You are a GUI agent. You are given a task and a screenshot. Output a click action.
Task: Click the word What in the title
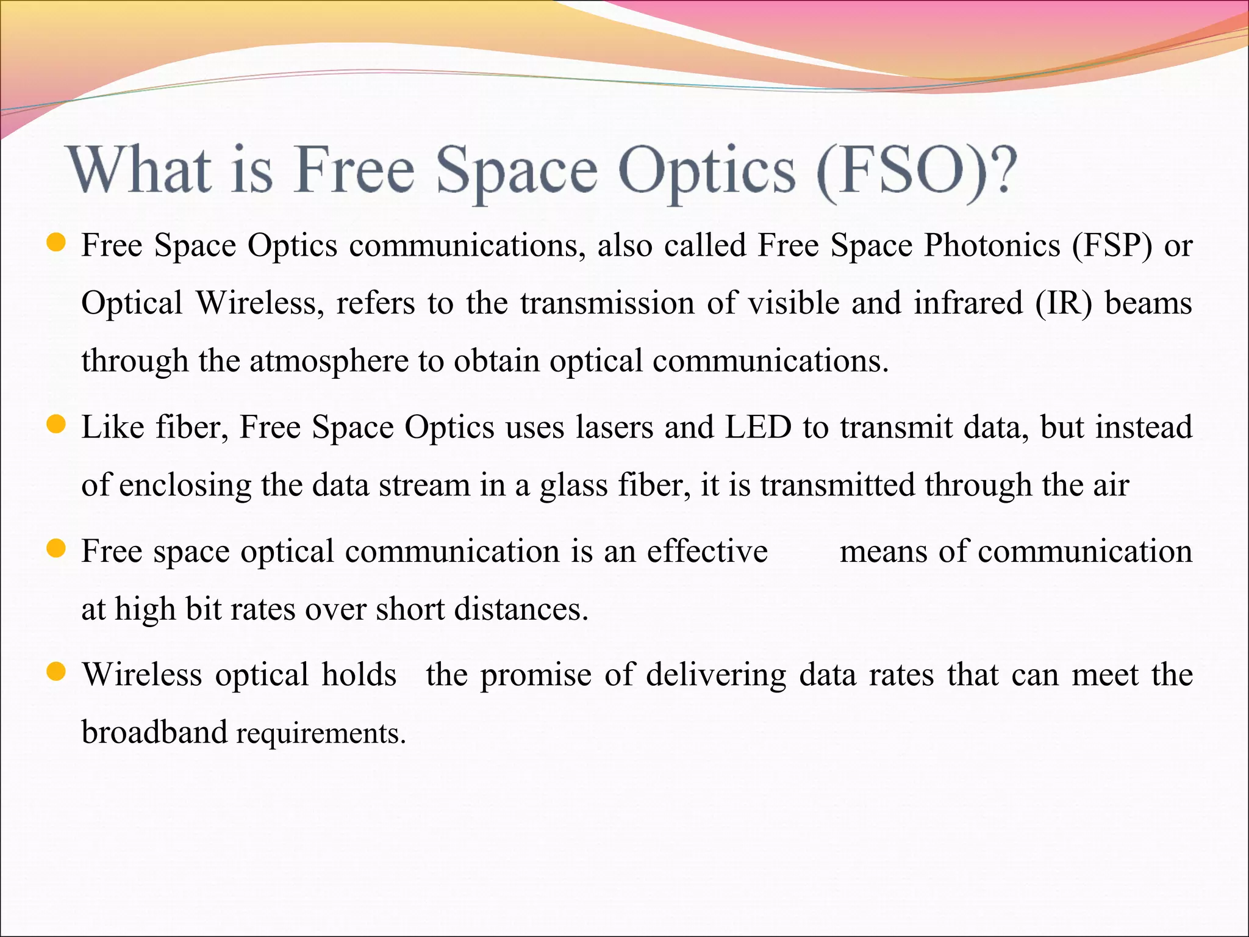click(x=140, y=171)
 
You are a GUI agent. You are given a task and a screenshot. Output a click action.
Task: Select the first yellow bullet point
click(x=55, y=243)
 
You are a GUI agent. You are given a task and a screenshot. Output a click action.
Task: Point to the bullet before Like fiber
click(x=55, y=425)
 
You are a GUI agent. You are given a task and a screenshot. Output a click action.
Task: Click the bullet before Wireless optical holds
click(x=55, y=672)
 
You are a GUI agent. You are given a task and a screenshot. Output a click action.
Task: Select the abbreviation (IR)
click(x=1064, y=303)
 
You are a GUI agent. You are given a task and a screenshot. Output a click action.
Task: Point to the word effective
click(x=707, y=551)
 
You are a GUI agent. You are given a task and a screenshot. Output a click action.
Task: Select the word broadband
click(x=154, y=732)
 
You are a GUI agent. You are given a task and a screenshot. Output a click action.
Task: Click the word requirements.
click(x=320, y=734)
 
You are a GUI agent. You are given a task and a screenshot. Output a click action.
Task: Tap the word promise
click(x=535, y=675)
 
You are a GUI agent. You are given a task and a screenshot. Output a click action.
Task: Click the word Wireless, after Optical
click(x=260, y=303)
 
